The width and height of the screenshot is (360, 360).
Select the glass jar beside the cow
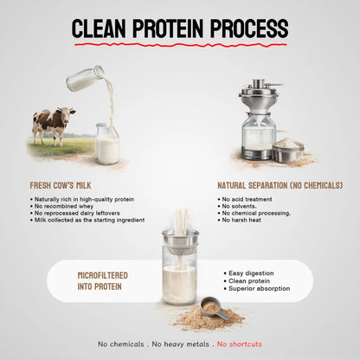(107, 144)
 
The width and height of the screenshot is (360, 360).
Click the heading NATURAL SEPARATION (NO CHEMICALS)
(280, 185)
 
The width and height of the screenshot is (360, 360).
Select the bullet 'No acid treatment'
(254, 199)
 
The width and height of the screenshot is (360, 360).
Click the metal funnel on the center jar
(180, 239)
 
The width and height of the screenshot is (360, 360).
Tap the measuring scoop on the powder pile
(213, 308)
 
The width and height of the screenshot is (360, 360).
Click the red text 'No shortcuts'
(240, 344)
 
